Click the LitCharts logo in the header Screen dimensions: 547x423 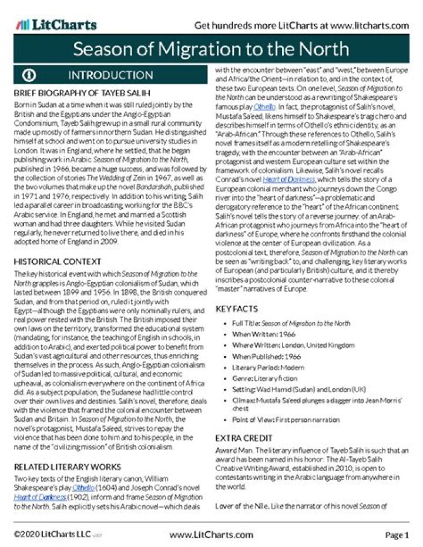(x=57, y=25)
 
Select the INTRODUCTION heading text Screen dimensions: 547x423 (x=110, y=75)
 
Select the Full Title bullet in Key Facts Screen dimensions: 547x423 (x=287, y=323)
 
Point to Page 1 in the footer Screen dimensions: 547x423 (x=397, y=535)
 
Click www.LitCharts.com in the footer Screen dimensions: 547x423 (x=211, y=535)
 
